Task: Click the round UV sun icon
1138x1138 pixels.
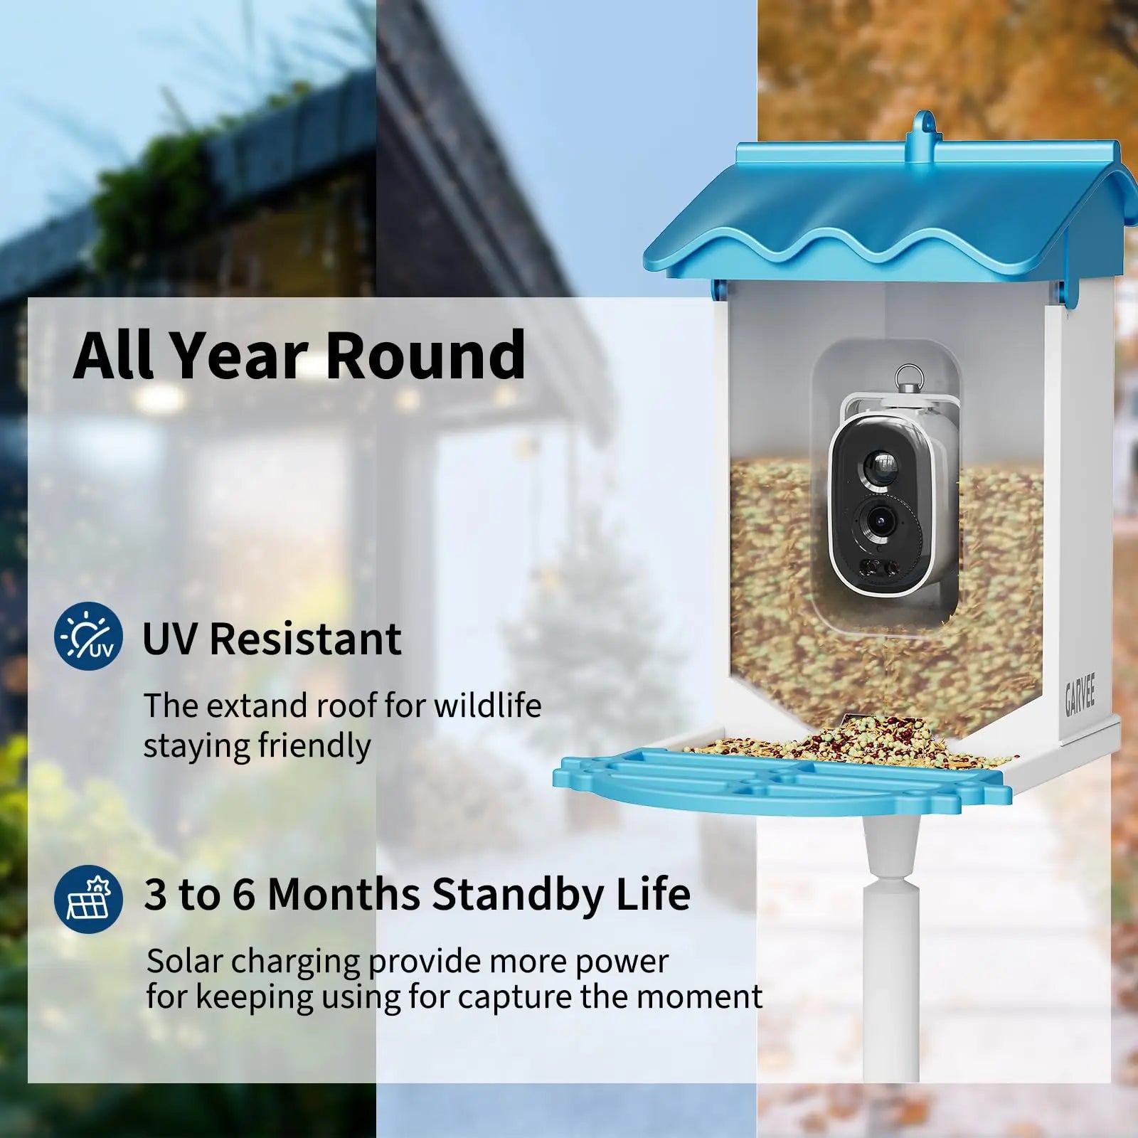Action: click(x=88, y=636)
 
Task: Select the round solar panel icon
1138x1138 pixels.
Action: click(x=88, y=899)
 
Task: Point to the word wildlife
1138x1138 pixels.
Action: click(x=487, y=706)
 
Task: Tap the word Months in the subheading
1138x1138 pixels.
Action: click(x=344, y=894)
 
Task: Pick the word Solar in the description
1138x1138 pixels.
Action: click(x=184, y=961)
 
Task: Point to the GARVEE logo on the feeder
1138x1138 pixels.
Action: click(x=1080, y=693)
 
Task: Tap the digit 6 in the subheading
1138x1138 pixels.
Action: click(x=243, y=894)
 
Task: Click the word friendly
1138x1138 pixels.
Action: click(x=314, y=746)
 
